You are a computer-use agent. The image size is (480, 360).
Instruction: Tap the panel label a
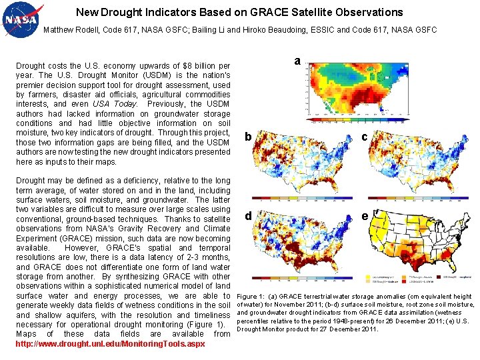(297, 61)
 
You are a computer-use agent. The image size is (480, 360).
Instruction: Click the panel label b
(247, 137)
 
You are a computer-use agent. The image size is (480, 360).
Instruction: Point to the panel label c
(364, 137)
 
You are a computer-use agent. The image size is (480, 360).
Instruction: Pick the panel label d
(247, 215)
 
